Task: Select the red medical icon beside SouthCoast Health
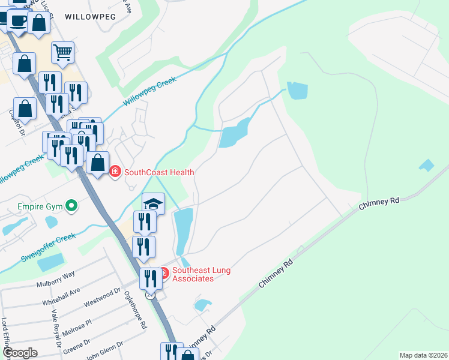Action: (x=115, y=172)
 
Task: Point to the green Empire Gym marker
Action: (x=72, y=207)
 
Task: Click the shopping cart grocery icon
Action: (x=62, y=53)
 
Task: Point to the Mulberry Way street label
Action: (x=55, y=274)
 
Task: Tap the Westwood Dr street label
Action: (x=101, y=298)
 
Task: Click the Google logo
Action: (x=20, y=353)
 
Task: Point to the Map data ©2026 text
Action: (x=424, y=355)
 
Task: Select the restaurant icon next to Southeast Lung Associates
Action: (x=149, y=278)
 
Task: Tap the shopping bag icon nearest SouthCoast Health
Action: (x=97, y=162)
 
